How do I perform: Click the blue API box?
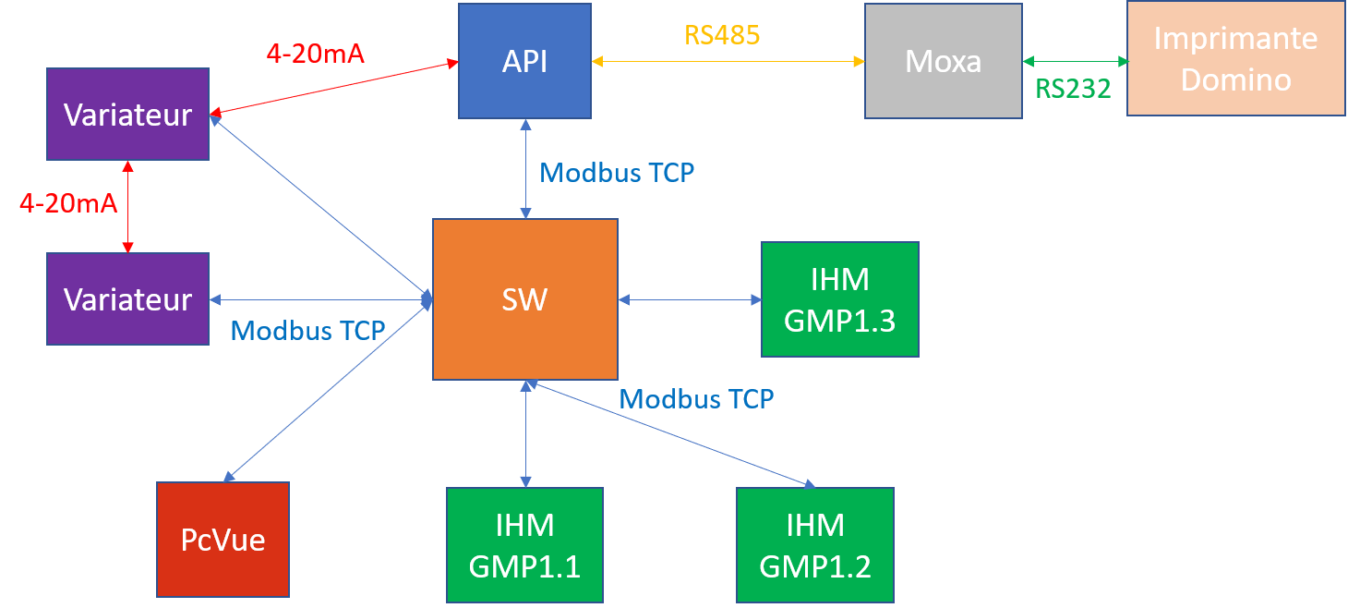coord(524,61)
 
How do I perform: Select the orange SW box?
coord(524,298)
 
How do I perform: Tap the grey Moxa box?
coord(943,61)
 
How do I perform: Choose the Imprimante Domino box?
coord(1235,59)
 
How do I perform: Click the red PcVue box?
coord(223,539)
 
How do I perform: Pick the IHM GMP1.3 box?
coord(839,298)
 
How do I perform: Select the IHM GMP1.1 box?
coord(524,545)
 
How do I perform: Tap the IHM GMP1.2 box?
coord(814,545)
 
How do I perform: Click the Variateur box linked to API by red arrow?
coord(127,114)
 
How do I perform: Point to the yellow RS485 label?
coord(722,35)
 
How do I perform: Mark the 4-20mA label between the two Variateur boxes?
coord(69,203)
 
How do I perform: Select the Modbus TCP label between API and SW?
coord(617,173)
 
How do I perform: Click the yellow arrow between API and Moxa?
coord(728,62)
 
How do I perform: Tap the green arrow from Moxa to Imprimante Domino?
coord(1075,62)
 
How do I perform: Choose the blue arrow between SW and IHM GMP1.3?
coord(690,299)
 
